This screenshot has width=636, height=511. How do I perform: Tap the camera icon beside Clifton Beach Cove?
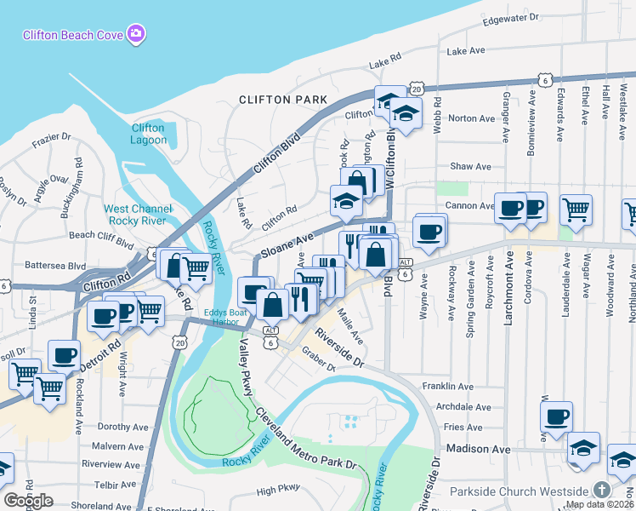click(136, 34)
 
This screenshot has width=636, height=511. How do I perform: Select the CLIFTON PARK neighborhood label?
click(283, 100)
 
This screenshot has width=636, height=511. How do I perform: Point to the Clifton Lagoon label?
click(148, 134)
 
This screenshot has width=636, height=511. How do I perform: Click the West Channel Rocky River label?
click(138, 215)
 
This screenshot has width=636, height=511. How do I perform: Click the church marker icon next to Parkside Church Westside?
click(602, 490)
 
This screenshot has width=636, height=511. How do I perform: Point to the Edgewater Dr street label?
click(509, 18)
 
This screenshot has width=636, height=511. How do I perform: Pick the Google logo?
click(28, 501)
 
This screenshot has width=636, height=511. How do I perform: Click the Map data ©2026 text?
click(599, 504)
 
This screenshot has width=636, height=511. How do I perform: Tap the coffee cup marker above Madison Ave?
click(557, 416)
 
